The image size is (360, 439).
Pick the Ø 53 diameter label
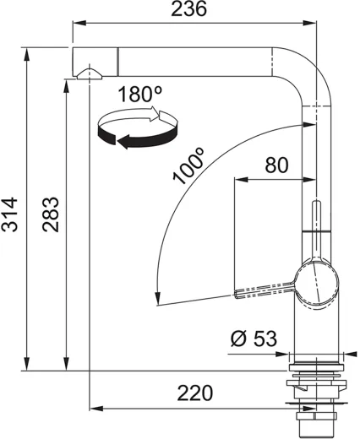coord(252,339)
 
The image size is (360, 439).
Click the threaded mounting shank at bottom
coord(317,420)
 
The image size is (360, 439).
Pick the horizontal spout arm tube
coord(194,62)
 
